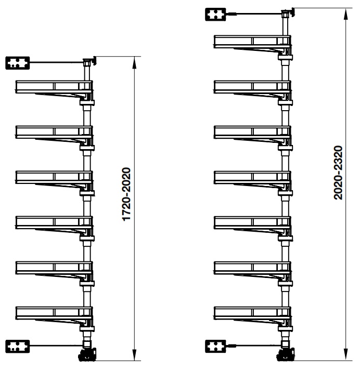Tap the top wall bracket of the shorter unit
pyautogui.click(x=18, y=63)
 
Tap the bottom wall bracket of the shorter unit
pyautogui.click(x=18, y=346)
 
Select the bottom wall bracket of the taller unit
pyautogui.click(x=216, y=346)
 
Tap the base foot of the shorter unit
pyautogui.click(x=87, y=356)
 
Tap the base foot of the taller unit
pyautogui.click(x=286, y=356)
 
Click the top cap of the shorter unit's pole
pyautogui.click(x=87, y=62)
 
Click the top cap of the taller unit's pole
pyautogui.click(x=286, y=12)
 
